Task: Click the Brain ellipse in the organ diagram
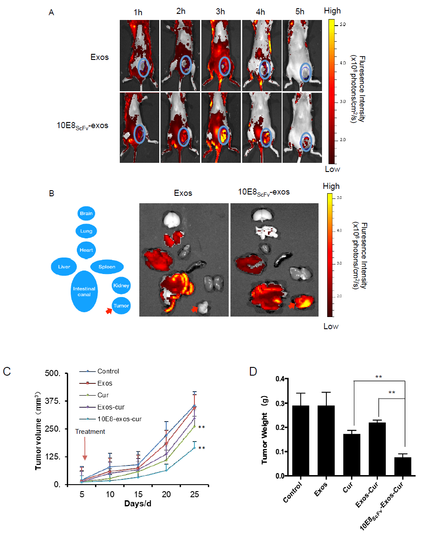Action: [x=86, y=214]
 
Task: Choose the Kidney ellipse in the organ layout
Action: [x=122, y=286]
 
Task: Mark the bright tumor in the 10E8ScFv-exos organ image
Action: [x=302, y=301]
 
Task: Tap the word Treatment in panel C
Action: [x=90, y=432]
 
